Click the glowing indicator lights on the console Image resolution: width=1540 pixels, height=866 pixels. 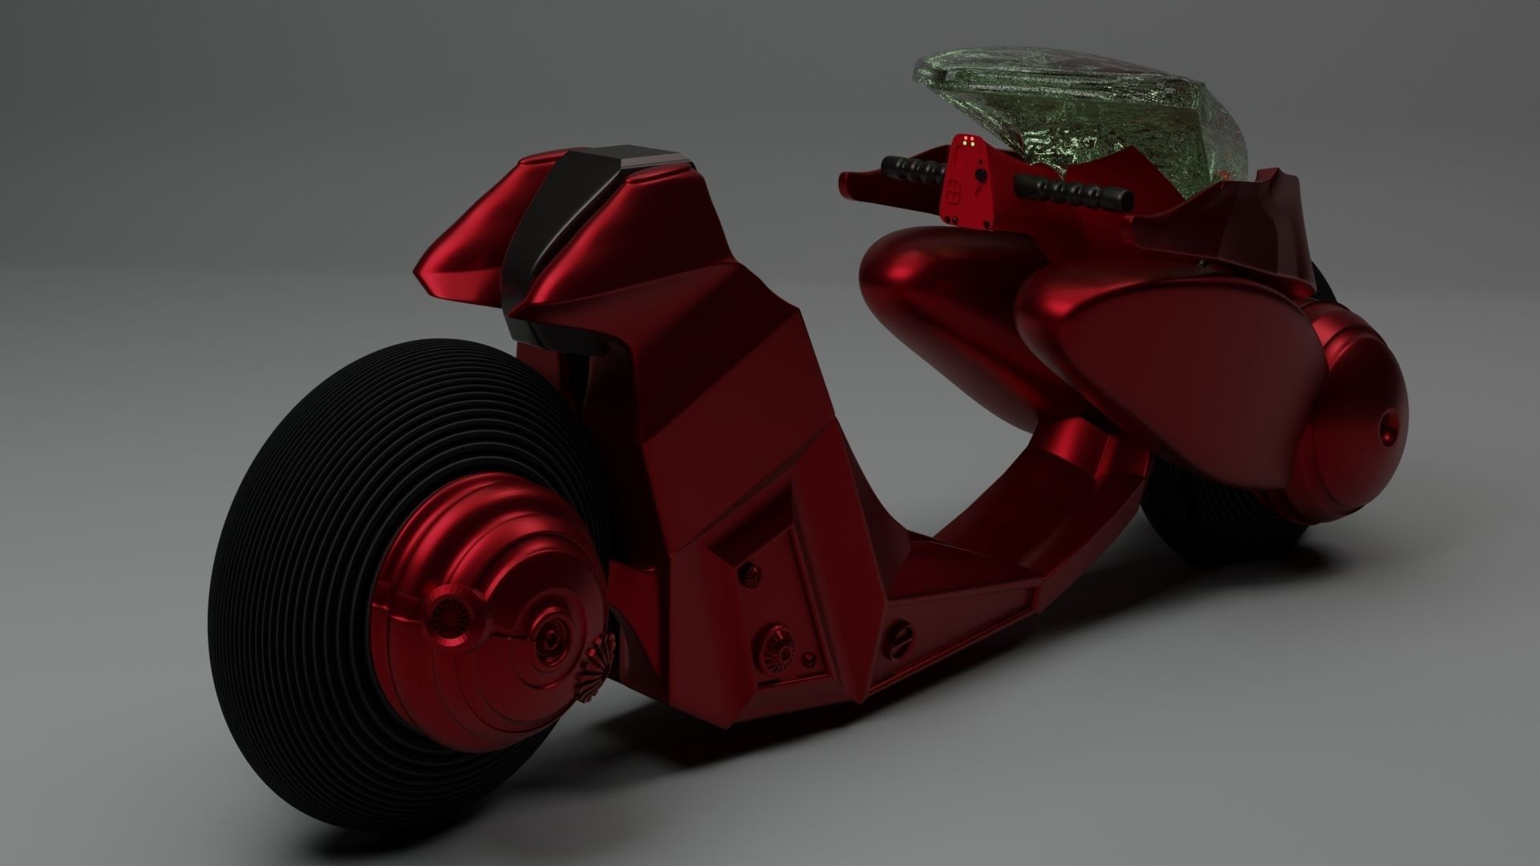click(969, 145)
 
